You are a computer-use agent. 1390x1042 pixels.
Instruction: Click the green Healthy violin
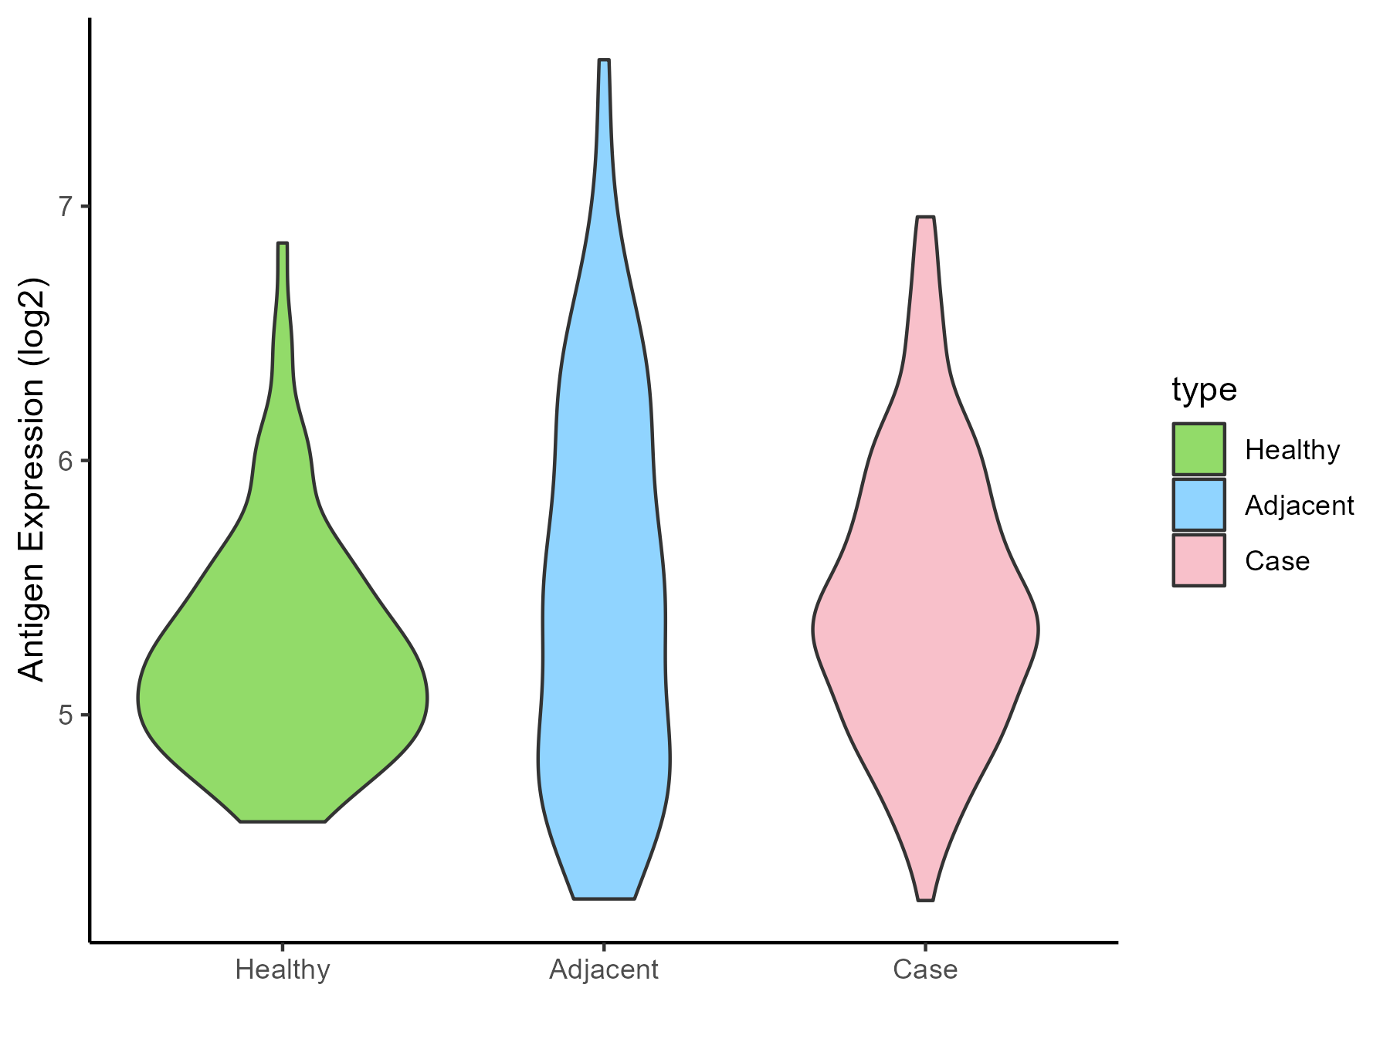click(x=283, y=695)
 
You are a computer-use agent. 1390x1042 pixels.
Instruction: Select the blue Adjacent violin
click(x=604, y=617)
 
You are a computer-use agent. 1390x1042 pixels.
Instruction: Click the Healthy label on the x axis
click(x=283, y=969)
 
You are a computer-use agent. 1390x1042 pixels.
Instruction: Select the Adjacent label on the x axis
click(x=604, y=969)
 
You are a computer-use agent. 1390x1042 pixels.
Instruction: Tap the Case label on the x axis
click(x=925, y=969)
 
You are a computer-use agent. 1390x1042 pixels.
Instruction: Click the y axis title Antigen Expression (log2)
click(x=32, y=479)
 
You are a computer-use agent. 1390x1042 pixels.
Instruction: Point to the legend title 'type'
click(x=1204, y=390)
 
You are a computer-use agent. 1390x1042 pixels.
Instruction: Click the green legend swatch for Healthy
click(x=1198, y=449)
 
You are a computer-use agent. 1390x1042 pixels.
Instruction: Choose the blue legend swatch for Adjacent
click(x=1198, y=505)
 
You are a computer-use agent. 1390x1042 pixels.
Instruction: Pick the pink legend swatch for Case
click(x=1198, y=560)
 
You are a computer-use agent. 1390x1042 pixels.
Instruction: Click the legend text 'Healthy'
click(x=1292, y=450)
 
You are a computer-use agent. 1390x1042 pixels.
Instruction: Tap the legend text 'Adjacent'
click(x=1299, y=506)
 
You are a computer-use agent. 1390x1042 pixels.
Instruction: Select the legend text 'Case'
click(x=1277, y=561)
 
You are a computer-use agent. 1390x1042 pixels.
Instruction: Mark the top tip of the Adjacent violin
click(x=604, y=60)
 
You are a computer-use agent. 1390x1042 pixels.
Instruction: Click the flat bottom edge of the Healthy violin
click(x=283, y=821)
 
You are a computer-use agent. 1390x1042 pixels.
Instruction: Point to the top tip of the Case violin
click(x=925, y=218)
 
